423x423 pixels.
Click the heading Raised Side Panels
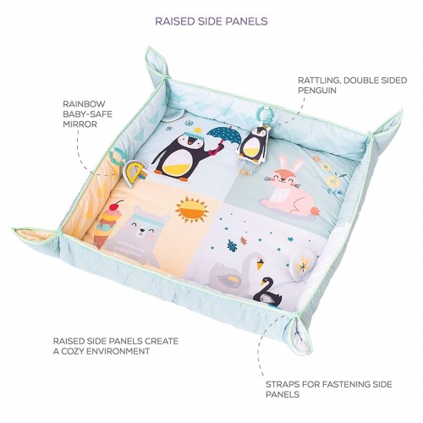(211, 21)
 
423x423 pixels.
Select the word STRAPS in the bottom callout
(282, 384)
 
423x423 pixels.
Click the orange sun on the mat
(192, 210)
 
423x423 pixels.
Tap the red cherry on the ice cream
(114, 206)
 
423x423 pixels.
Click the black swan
(268, 294)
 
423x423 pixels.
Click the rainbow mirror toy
(135, 173)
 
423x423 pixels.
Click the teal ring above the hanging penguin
(263, 116)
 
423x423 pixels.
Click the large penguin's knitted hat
(195, 135)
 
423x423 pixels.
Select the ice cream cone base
(99, 240)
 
